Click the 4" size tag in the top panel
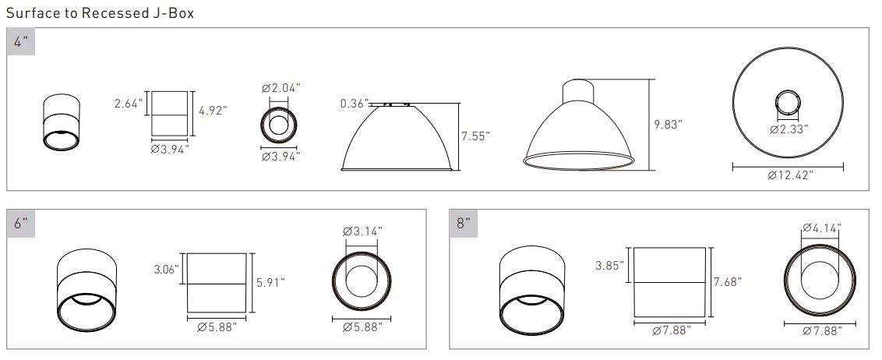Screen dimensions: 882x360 21,42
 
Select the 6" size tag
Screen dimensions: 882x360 21,224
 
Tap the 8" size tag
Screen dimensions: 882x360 463,224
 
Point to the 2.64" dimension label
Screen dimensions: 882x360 129,104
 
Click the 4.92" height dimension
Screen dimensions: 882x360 213,110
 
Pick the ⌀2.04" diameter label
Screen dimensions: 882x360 280,88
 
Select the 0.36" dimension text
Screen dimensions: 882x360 354,104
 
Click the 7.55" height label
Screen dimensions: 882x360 475,136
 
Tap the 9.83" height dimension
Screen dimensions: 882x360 668,125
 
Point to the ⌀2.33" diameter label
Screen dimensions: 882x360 789,129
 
